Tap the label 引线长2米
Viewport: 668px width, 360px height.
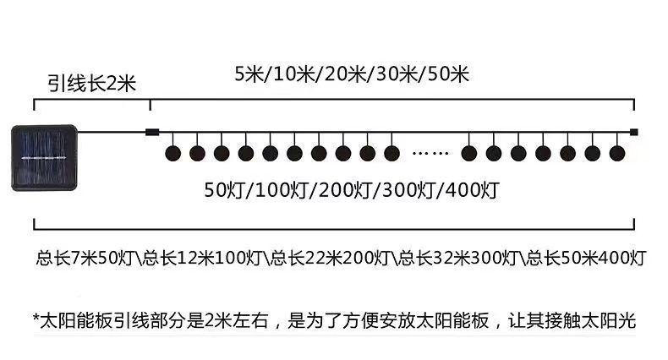pyautogui.click(x=90, y=83)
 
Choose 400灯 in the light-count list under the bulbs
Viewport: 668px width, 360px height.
pyautogui.click(x=469, y=188)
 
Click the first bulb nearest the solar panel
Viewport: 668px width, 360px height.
pyautogui.click(x=172, y=153)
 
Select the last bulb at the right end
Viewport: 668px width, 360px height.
pyautogui.click(x=617, y=153)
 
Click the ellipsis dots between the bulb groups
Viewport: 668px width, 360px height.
pyautogui.click(x=430, y=154)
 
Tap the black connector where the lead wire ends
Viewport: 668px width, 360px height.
pyautogui.click(x=151, y=131)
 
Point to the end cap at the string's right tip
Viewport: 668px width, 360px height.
pyautogui.click(x=634, y=131)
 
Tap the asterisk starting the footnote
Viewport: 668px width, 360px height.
pyautogui.click(x=36, y=320)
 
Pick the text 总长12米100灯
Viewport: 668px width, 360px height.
pyautogui.click(x=206, y=257)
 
